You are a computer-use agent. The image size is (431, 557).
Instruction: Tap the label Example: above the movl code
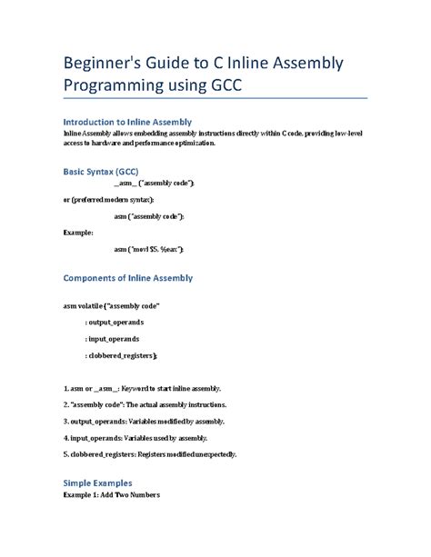tap(78, 232)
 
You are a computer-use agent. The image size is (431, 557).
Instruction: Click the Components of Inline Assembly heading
tap(127, 278)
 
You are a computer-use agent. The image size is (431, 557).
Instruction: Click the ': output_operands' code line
tap(114, 323)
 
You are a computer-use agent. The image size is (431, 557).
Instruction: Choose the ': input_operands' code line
tap(111, 339)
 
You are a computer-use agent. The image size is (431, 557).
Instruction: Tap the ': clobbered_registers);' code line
tap(121, 355)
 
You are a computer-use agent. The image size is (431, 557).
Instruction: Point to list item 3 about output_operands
tap(143, 422)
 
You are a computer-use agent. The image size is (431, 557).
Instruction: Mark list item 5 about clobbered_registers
tap(150, 454)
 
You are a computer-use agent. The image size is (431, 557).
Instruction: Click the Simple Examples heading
tap(97, 482)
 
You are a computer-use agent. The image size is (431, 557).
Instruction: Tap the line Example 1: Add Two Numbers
tap(111, 496)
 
